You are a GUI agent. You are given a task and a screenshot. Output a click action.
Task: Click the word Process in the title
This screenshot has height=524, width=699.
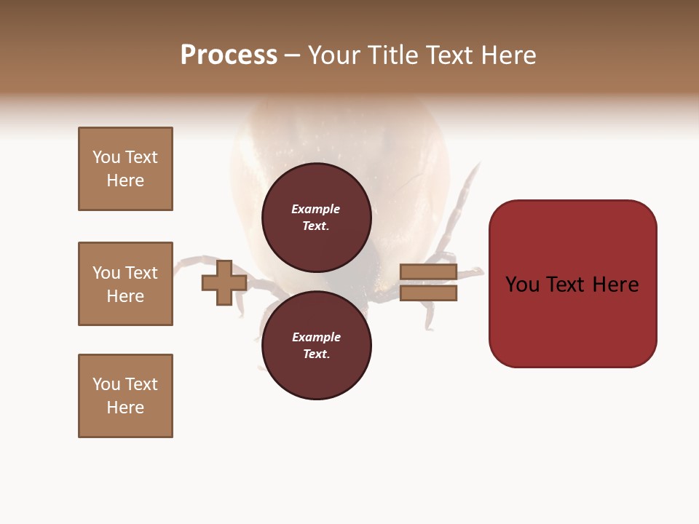(x=229, y=55)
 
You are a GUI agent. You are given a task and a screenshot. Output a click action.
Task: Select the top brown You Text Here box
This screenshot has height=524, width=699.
(x=125, y=169)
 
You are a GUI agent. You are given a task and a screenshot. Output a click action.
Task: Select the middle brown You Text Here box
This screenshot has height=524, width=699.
(x=125, y=284)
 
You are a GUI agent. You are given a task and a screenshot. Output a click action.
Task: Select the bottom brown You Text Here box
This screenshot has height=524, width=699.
(x=125, y=396)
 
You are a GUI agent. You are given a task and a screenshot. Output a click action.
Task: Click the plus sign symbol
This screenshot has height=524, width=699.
(x=224, y=283)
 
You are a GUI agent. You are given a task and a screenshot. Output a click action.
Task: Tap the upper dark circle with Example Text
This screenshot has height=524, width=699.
(x=316, y=218)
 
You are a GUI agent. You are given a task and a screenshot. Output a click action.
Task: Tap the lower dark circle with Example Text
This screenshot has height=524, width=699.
(x=316, y=346)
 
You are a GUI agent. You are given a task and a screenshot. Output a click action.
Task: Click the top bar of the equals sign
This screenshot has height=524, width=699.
(x=428, y=272)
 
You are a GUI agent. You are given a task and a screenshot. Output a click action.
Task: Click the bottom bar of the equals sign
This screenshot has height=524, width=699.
(x=428, y=293)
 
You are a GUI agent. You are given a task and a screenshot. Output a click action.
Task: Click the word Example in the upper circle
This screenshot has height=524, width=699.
(x=316, y=209)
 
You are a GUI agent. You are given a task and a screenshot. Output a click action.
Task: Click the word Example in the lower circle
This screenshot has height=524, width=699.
(x=316, y=337)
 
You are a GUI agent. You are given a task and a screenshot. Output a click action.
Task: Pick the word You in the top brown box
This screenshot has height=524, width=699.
(x=106, y=157)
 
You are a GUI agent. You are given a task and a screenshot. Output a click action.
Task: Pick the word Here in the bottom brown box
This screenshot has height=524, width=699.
(x=125, y=408)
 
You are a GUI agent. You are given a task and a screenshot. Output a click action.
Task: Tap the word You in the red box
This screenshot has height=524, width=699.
(x=523, y=285)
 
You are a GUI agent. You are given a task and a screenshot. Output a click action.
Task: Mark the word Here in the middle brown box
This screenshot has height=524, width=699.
(x=125, y=296)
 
